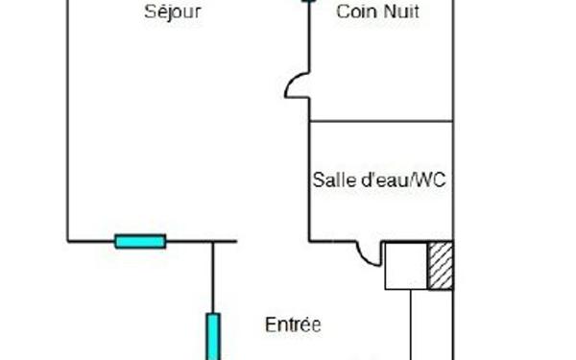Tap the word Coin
[x=353, y=13]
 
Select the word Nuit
[x=400, y=13]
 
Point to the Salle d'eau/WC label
[x=379, y=180]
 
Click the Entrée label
[x=292, y=324]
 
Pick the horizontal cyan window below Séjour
[x=140, y=241]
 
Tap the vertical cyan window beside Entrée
[x=213, y=336]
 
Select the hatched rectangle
[x=440, y=265]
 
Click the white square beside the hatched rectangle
[x=406, y=265]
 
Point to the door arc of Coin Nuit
[x=294, y=86]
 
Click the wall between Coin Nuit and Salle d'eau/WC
[x=380, y=121]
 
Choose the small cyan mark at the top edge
[x=308, y=2]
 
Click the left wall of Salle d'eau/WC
[x=308, y=182]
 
